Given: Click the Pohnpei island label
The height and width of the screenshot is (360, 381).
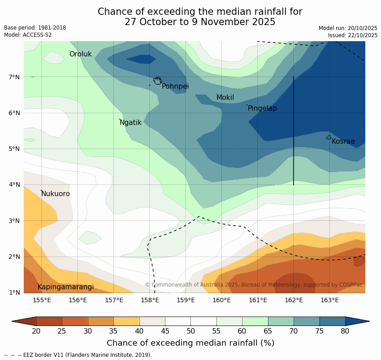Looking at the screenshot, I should click(x=175, y=86).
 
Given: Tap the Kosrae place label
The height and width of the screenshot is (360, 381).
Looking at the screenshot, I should click(x=343, y=141).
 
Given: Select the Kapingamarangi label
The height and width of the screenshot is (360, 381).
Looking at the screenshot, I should click(x=65, y=287).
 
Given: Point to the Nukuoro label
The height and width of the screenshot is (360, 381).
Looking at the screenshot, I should click(x=56, y=194).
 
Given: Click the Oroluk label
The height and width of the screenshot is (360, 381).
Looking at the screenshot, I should click(x=81, y=54).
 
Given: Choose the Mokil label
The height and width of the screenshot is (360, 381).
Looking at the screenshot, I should click(x=225, y=98).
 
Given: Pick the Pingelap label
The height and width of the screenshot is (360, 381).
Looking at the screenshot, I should click(x=262, y=108).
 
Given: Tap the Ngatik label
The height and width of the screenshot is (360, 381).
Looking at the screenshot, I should click(x=130, y=123).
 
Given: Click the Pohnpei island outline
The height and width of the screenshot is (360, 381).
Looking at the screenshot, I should click(x=157, y=81).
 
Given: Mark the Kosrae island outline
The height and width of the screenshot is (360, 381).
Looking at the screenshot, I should click(x=329, y=137).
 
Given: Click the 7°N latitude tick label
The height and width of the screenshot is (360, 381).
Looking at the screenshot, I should click(x=14, y=77).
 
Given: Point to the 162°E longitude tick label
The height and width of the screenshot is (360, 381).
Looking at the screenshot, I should click(x=294, y=300).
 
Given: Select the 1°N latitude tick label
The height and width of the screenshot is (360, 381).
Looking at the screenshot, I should click(x=14, y=293).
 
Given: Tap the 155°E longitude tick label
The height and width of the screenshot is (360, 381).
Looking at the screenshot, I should click(x=42, y=300).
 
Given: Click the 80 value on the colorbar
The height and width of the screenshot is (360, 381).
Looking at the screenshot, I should click(x=345, y=331).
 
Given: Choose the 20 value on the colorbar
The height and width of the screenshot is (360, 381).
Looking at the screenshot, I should click(x=36, y=331).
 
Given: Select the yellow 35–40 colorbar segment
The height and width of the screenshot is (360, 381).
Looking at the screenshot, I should click(x=126, y=321).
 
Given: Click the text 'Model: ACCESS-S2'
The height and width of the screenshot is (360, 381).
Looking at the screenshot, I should click(x=28, y=35).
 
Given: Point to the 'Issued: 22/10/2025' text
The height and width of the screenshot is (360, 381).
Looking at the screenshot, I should click(x=353, y=35).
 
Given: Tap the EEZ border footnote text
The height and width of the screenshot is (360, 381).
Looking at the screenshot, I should click(x=78, y=355).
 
